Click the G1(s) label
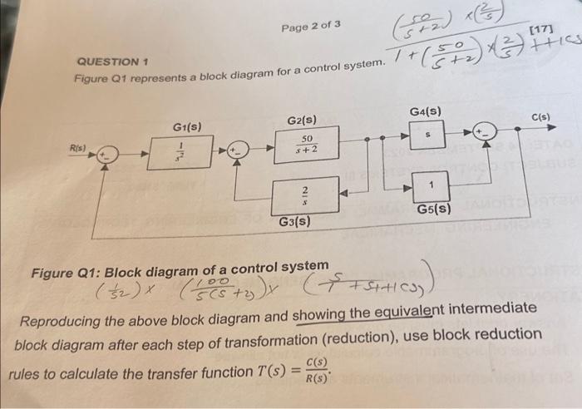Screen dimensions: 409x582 188,126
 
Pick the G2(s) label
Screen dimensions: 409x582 301,121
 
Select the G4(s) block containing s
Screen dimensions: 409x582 427,134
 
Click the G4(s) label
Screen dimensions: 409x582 426,111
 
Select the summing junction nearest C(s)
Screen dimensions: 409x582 485,131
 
